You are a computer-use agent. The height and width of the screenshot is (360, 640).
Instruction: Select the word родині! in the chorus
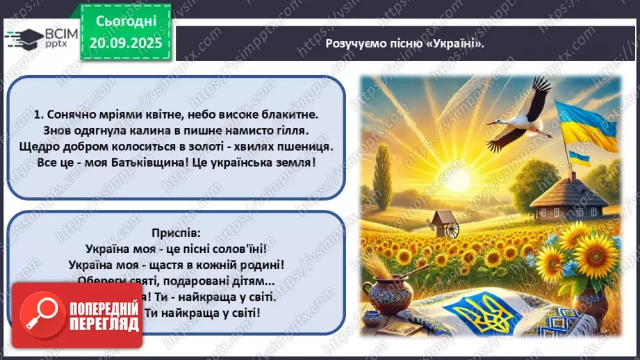click(262, 265)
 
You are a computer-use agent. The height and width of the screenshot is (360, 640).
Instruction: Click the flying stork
click(519, 115)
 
